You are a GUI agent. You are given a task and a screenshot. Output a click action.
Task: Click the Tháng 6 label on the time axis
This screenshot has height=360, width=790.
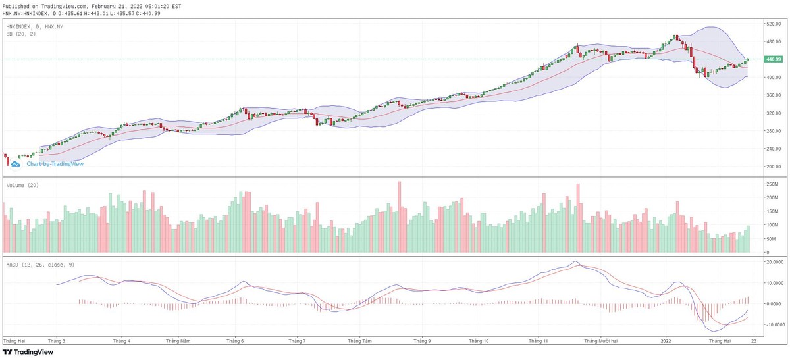coord(235,341)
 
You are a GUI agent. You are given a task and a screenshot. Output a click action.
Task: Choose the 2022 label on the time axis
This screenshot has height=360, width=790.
coord(666,341)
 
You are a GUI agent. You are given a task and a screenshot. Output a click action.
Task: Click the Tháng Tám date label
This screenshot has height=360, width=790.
coord(359,341)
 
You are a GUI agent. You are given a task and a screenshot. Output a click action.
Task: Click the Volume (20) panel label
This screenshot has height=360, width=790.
coord(22,186)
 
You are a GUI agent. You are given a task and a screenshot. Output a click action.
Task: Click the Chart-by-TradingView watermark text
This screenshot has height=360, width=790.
coord(55,163)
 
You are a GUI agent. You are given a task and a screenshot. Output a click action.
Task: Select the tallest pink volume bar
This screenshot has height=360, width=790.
coord(399,217)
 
